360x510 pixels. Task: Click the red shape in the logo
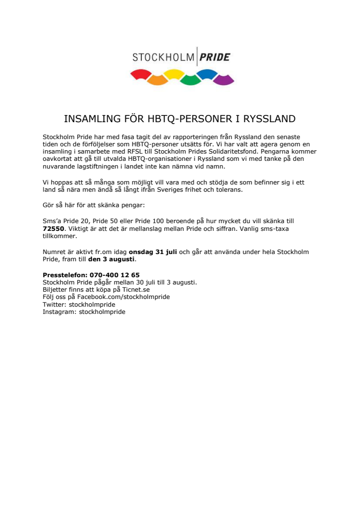pos(141,74)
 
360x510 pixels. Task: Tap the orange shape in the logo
pos(157,80)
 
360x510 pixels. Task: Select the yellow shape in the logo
pos(173,74)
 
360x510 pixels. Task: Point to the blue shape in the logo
pos(207,74)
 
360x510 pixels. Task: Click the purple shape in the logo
pos(223,80)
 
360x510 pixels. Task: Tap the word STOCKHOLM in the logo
pos(163,58)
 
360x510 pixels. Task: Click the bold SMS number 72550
pos(53,228)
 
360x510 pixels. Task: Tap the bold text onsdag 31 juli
pos(153,252)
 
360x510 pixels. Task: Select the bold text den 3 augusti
pos(111,259)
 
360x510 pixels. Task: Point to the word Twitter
pos(54,304)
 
